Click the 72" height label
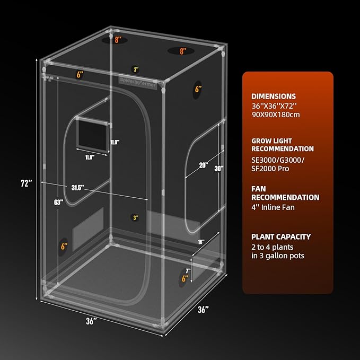coord(27,183)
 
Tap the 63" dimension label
coord(59,202)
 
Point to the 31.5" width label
coord(78,187)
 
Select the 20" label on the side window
coord(203,165)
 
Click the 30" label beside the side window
coord(219,169)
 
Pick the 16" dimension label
coord(201,242)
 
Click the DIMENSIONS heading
coord(274,96)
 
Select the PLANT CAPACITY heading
coord(281,236)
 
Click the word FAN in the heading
coord(259,188)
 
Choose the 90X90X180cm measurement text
coord(276,115)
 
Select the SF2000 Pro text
coord(273,168)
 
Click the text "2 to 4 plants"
coord(272,247)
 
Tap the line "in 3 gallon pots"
coord(278,256)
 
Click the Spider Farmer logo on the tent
coord(137,83)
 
